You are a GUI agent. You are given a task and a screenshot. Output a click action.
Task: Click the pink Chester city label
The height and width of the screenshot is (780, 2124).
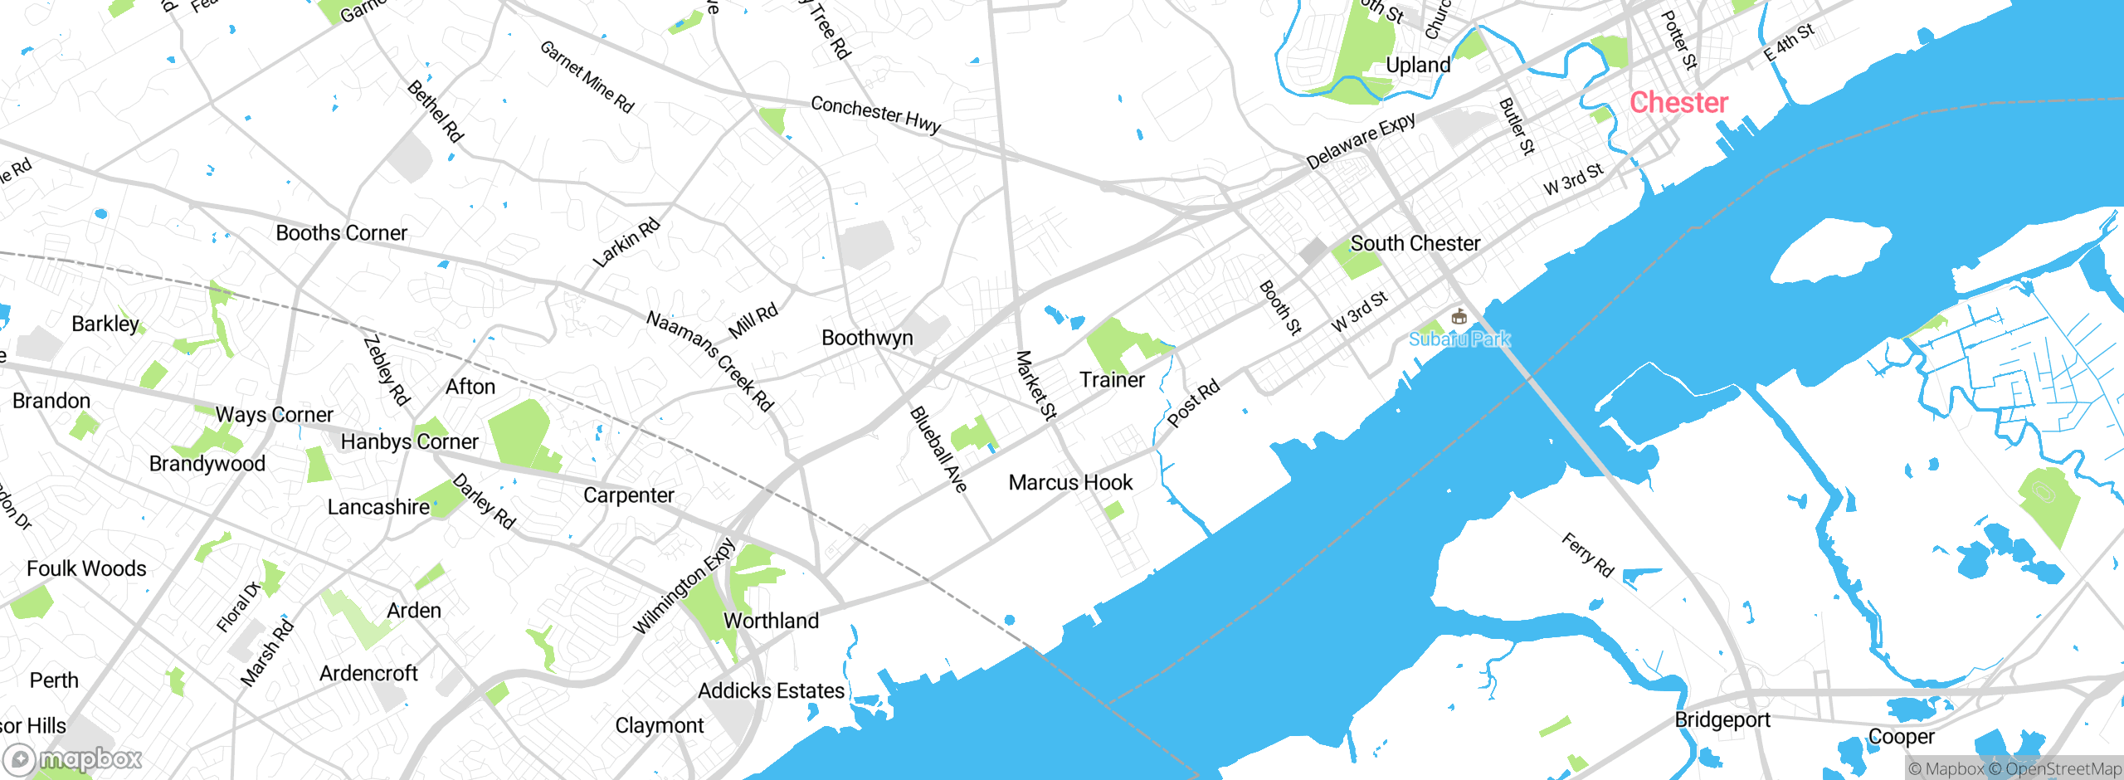1678,103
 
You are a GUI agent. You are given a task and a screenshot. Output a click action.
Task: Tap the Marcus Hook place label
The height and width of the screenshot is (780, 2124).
1070,482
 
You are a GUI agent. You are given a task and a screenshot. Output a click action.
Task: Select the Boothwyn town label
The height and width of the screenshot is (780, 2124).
867,338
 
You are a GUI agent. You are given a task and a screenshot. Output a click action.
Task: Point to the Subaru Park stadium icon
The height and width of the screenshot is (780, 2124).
1459,317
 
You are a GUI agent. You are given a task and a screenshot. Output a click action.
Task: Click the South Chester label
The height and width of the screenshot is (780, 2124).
1415,243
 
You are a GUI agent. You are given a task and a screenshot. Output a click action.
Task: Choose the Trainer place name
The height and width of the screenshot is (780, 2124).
1112,380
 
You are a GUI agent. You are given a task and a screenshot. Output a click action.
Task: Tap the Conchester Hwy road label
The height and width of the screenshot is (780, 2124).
875,115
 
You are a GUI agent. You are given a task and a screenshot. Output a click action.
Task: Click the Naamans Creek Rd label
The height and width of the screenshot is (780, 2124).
709,360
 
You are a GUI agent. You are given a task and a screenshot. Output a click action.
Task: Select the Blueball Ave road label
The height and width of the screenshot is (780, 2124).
938,449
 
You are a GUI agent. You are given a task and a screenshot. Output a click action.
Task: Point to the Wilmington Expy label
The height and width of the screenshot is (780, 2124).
684,585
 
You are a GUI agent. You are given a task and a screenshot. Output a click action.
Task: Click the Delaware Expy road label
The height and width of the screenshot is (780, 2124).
1361,140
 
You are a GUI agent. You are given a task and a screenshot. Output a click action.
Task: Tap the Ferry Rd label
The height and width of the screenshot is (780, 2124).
1587,554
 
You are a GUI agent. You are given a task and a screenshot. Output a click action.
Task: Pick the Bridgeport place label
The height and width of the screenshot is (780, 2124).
1722,719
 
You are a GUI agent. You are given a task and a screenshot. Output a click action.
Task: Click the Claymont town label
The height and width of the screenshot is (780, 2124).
659,726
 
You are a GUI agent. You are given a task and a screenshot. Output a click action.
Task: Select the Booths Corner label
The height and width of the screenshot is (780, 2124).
341,233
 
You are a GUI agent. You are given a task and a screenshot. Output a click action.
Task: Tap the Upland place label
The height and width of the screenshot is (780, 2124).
1418,65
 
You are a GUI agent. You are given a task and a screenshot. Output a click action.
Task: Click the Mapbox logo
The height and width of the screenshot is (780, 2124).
73,758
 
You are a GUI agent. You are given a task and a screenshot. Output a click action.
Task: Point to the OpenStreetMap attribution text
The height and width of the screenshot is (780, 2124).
2063,769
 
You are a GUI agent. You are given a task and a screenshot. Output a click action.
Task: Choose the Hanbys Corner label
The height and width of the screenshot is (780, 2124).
409,441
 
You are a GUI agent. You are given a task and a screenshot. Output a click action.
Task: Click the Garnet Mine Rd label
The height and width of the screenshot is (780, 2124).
587,76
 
